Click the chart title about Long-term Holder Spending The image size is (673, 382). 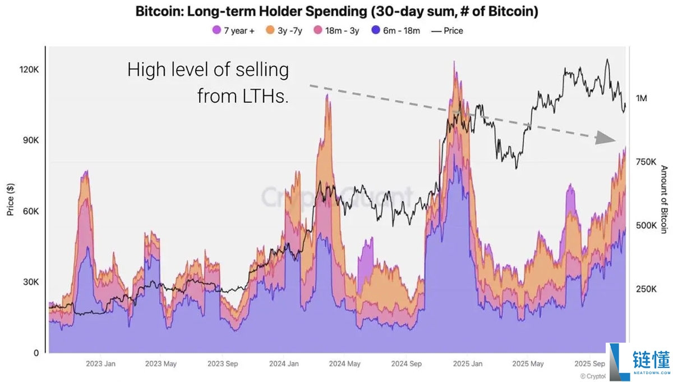[x=336, y=12]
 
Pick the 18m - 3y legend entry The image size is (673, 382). [x=336, y=31]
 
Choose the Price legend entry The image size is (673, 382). [x=447, y=31]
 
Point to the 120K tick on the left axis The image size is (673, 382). [x=29, y=70]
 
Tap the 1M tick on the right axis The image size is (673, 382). [x=642, y=98]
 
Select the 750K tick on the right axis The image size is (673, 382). [x=646, y=162]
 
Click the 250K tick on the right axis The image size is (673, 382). [x=646, y=289]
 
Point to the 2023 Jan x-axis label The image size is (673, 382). [x=101, y=364]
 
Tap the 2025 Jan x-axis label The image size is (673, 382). [x=468, y=364]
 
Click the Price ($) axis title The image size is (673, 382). [x=10, y=200]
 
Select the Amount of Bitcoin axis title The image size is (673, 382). [x=663, y=199]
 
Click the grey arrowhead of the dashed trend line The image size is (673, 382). [x=605, y=138]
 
